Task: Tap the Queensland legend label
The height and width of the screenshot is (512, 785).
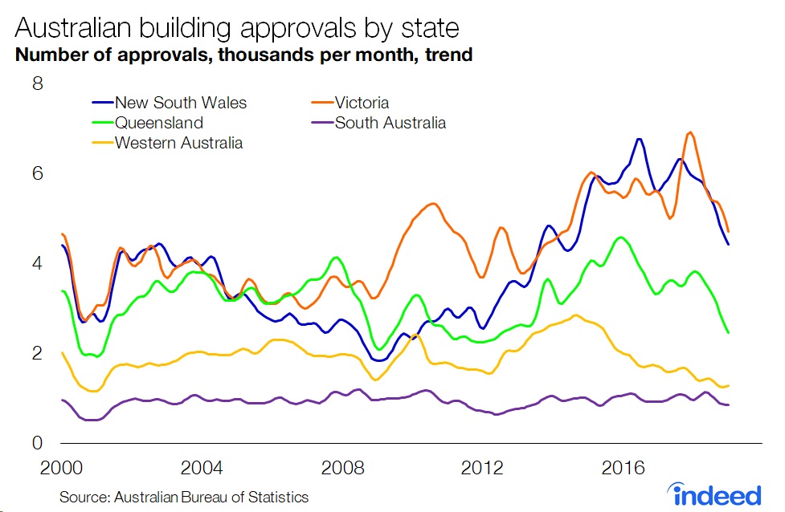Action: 158,123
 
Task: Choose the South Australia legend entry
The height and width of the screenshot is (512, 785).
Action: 390,123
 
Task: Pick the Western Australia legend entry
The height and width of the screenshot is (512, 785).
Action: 178,144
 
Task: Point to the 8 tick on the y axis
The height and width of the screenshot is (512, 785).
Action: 37,83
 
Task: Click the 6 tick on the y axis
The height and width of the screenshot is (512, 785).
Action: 37,173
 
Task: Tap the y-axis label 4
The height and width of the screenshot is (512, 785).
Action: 37,263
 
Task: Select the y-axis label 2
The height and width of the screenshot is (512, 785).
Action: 37,353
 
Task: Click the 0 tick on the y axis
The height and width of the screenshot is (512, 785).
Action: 37,443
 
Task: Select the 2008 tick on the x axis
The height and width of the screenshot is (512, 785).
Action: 342,468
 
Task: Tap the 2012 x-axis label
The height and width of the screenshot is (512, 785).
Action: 483,468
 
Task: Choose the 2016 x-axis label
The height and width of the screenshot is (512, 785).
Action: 624,468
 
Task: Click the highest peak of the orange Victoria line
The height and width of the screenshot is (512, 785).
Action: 690,132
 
